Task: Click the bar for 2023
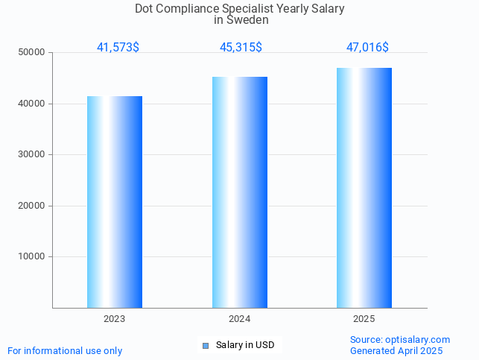[x=115, y=201]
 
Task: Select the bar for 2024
[x=240, y=192]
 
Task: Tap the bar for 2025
[x=364, y=187]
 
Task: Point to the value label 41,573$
[x=118, y=47]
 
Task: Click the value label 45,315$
[x=241, y=47]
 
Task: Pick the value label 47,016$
[x=367, y=47]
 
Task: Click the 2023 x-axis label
[x=115, y=319]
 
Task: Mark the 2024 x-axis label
[x=240, y=319]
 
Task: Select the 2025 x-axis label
[x=364, y=319]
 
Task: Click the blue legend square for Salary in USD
[x=206, y=345]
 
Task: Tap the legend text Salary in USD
[x=245, y=345]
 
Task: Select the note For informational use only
[x=65, y=350]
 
